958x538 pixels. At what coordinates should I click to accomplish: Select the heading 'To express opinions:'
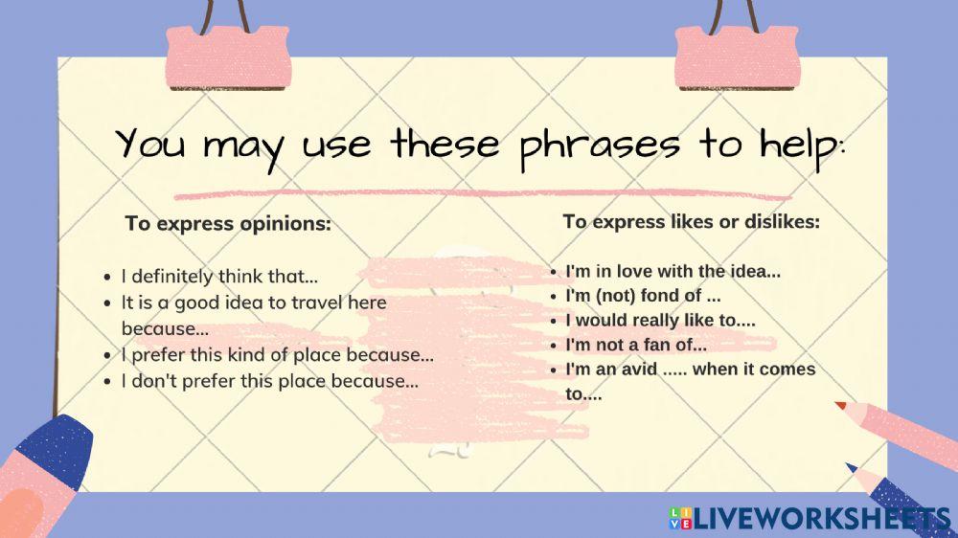[228, 224]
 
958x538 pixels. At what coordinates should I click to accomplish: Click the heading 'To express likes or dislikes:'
[692, 221]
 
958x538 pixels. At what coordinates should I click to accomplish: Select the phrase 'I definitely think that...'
[219, 278]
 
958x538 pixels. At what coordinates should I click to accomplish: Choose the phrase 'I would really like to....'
[661, 321]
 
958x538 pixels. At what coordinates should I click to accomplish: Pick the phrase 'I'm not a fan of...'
[636, 346]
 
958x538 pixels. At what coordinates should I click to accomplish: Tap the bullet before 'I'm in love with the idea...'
[554, 272]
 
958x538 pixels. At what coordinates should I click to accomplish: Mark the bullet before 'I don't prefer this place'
[108, 382]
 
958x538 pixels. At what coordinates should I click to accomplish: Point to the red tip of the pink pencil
[841, 406]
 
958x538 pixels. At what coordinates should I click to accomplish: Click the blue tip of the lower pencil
[851, 468]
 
